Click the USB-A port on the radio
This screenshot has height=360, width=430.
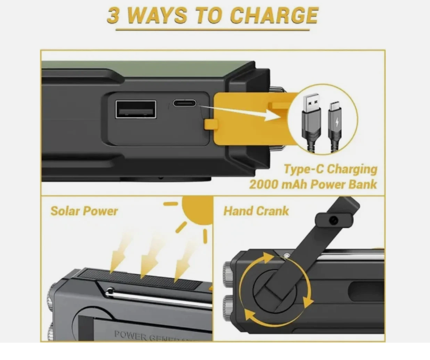(x=136, y=109)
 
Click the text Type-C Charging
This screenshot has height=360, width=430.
(x=330, y=169)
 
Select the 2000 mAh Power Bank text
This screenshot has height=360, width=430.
(x=313, y=184)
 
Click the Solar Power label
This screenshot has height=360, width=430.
(x=84, y=211)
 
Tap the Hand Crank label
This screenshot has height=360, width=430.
(x=256, y=211)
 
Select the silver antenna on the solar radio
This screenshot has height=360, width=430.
(x=159, y=298)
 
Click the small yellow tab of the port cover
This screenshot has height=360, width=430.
(x=211, y=124)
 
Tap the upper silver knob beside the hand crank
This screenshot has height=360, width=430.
(x=228, y=272)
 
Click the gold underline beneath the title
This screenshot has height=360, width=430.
(x=213, y=30)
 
